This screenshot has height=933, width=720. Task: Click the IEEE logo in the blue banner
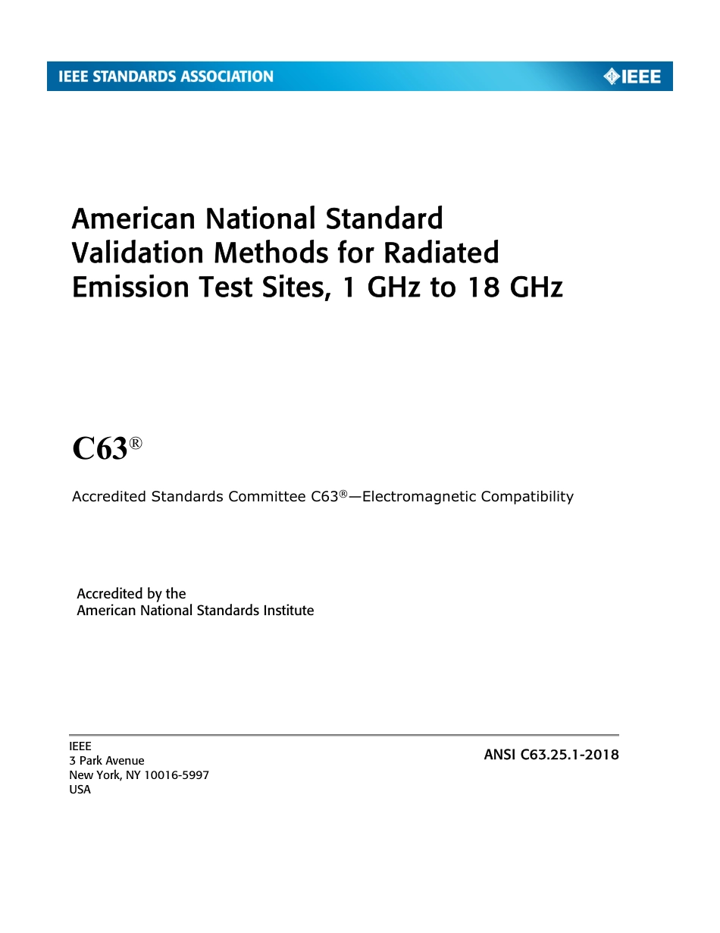pyautogui.click(x=632, y=77)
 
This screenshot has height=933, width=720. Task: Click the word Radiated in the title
pyautogui.click(x=449, y=253)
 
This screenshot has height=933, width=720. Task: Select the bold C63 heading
pyautogui.click(x=99, y=449)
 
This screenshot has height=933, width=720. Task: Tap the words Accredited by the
pyautogui.click(x=131, y=593)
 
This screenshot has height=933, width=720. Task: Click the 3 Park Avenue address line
pyautogui.click(x=106, y=761)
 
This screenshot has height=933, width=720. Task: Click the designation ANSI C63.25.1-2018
pyautogui.click(x=551, y=755)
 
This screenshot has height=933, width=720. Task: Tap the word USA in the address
pyautogui.click(x=80, y=790)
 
